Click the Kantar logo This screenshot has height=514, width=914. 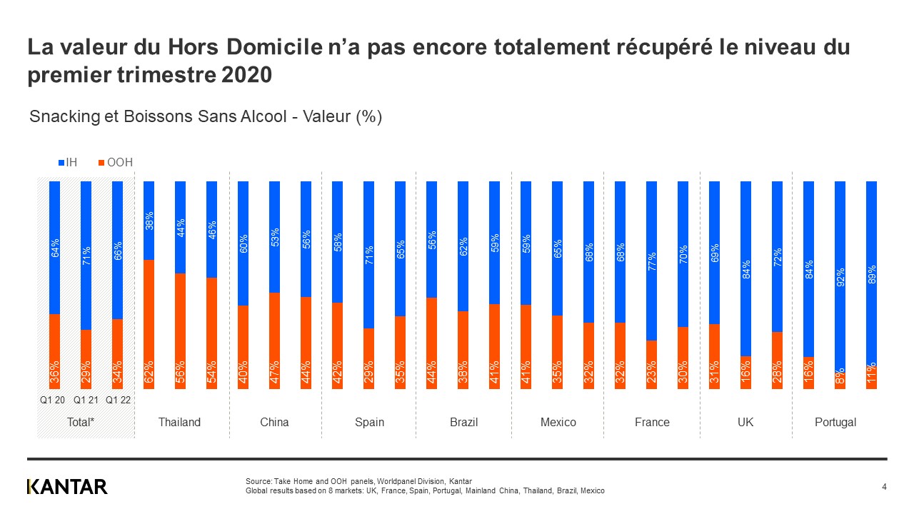(x=67, y=487)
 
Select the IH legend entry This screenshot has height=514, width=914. (x=67, y=163)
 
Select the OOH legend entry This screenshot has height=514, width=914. (x=114, y=163)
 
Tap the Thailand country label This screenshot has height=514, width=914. (x=179, y=422)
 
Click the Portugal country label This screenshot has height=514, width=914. (x=835, y=422)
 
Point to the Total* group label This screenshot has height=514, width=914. (x=81, y=422)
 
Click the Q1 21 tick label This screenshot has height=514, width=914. (x=85, y=400)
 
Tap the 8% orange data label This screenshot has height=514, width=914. (x=840, y=377)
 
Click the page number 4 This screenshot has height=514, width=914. (x=884, y=487)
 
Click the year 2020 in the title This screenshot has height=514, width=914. (x=248, y=75)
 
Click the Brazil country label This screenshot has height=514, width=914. (x=463, y=422)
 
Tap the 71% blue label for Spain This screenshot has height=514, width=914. (x=369, y=254)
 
